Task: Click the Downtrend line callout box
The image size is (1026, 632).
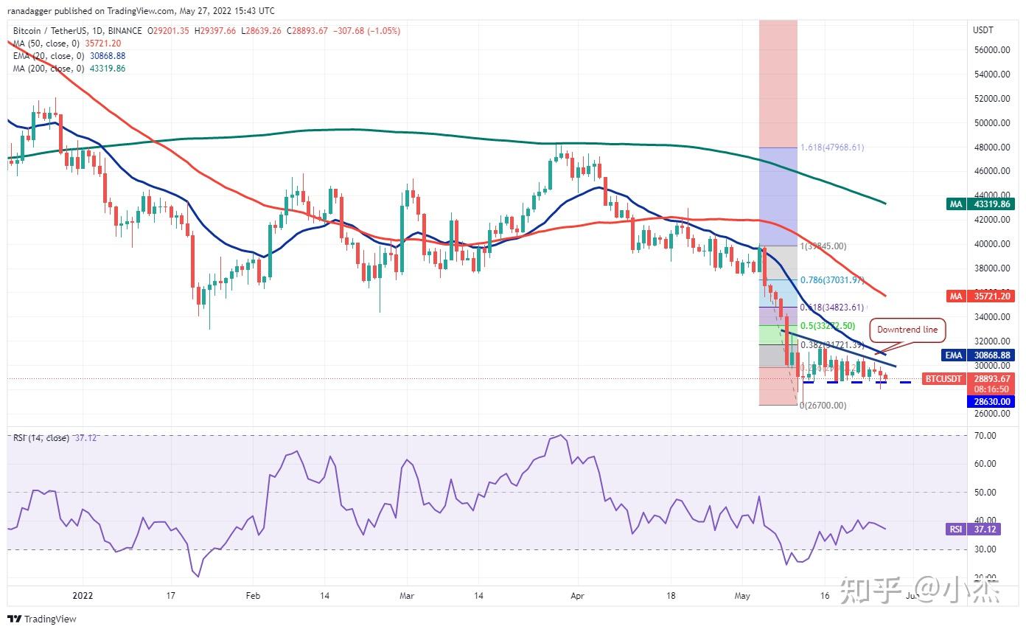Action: coord(907,330)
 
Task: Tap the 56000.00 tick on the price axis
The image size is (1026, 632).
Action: coord(991,50)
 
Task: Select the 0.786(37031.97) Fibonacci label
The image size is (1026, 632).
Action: coord(831,280)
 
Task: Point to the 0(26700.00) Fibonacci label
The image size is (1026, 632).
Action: coord(823,406)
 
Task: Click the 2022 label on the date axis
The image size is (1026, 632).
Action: coord(83,595)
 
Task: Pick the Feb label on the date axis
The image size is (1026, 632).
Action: coord(253,595)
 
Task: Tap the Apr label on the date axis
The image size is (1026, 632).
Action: coord(577,595)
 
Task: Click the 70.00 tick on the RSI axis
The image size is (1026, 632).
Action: coord(985,436)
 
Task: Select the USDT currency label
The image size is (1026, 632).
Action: coord(983,30)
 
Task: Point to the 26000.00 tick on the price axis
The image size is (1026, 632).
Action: coord(991,414)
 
